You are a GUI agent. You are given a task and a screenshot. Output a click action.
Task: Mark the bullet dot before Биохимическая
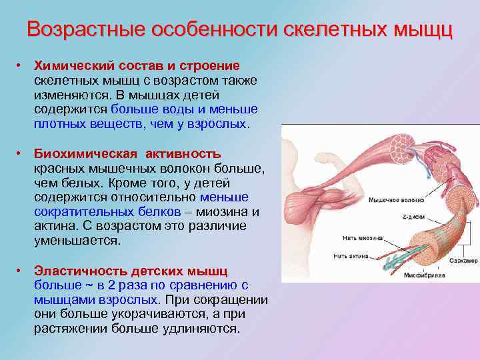point(21,154)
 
